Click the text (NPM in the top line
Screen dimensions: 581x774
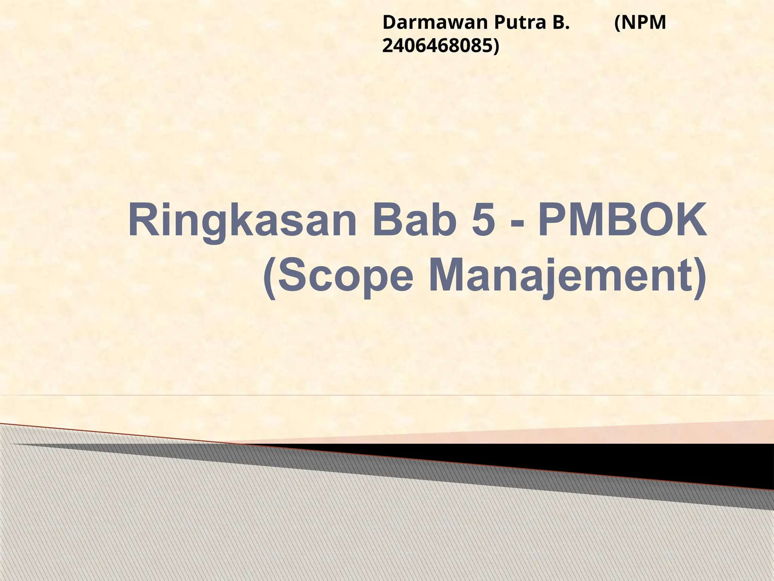(640, 23)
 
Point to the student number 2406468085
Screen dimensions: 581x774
(437, 46)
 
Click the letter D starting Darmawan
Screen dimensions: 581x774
(389, 23)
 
